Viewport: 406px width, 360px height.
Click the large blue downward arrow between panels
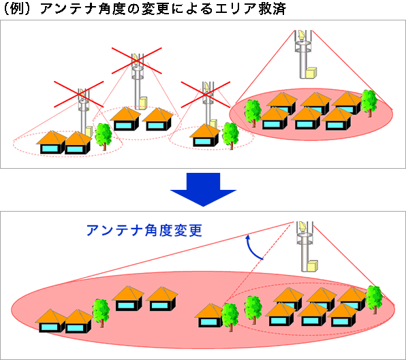click(x=202, y=189)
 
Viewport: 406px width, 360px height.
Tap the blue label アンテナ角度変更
click(x=144, y=230)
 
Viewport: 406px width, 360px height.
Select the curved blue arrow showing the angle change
click(x=253, y=246)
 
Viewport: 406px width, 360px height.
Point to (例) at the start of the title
click(x=18, y=10)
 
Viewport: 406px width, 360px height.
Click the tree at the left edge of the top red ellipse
click(x=253, y=112)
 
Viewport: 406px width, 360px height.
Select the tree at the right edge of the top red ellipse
click(x=369, y=101)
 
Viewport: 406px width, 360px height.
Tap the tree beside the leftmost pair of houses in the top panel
click(x=104, y=135)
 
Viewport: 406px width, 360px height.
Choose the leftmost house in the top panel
click(x=51, y=142)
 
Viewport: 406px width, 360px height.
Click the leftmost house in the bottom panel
click(x=51, y=321)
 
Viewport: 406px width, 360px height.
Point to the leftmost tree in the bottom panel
click(x=101, y=312)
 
